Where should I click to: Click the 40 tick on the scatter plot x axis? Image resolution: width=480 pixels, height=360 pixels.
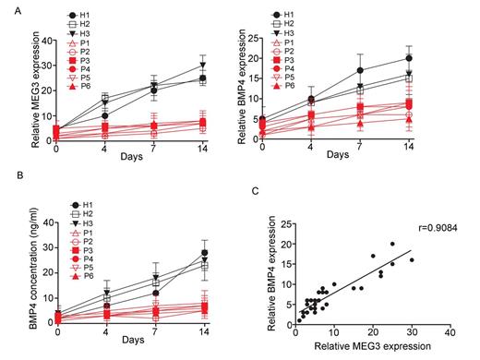(x=450, y=330)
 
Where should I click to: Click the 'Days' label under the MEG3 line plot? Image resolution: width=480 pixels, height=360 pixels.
(x=128, y=158)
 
